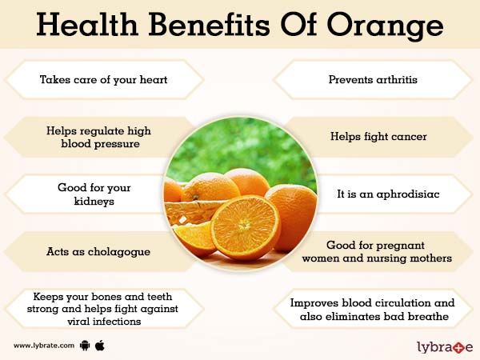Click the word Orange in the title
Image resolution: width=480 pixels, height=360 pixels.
click(x=390, y=26)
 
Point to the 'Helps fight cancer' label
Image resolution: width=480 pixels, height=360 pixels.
click(x=378, y=137)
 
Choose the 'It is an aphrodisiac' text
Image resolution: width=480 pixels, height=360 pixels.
click(x=377, y=194)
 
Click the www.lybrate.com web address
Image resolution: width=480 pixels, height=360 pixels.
click(x=44, y=346)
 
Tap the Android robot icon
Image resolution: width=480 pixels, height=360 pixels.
click(x=86, y=346)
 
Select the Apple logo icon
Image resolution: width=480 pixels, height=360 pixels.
click(x=101, y=346)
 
